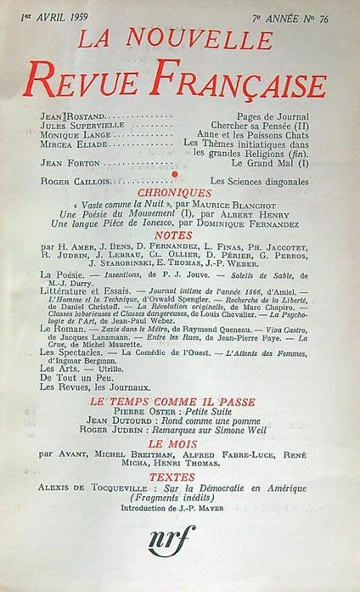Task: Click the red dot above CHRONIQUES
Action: click(175, 173)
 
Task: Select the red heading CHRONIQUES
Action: click(179, 194)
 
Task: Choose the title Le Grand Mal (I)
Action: click(278, 164)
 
